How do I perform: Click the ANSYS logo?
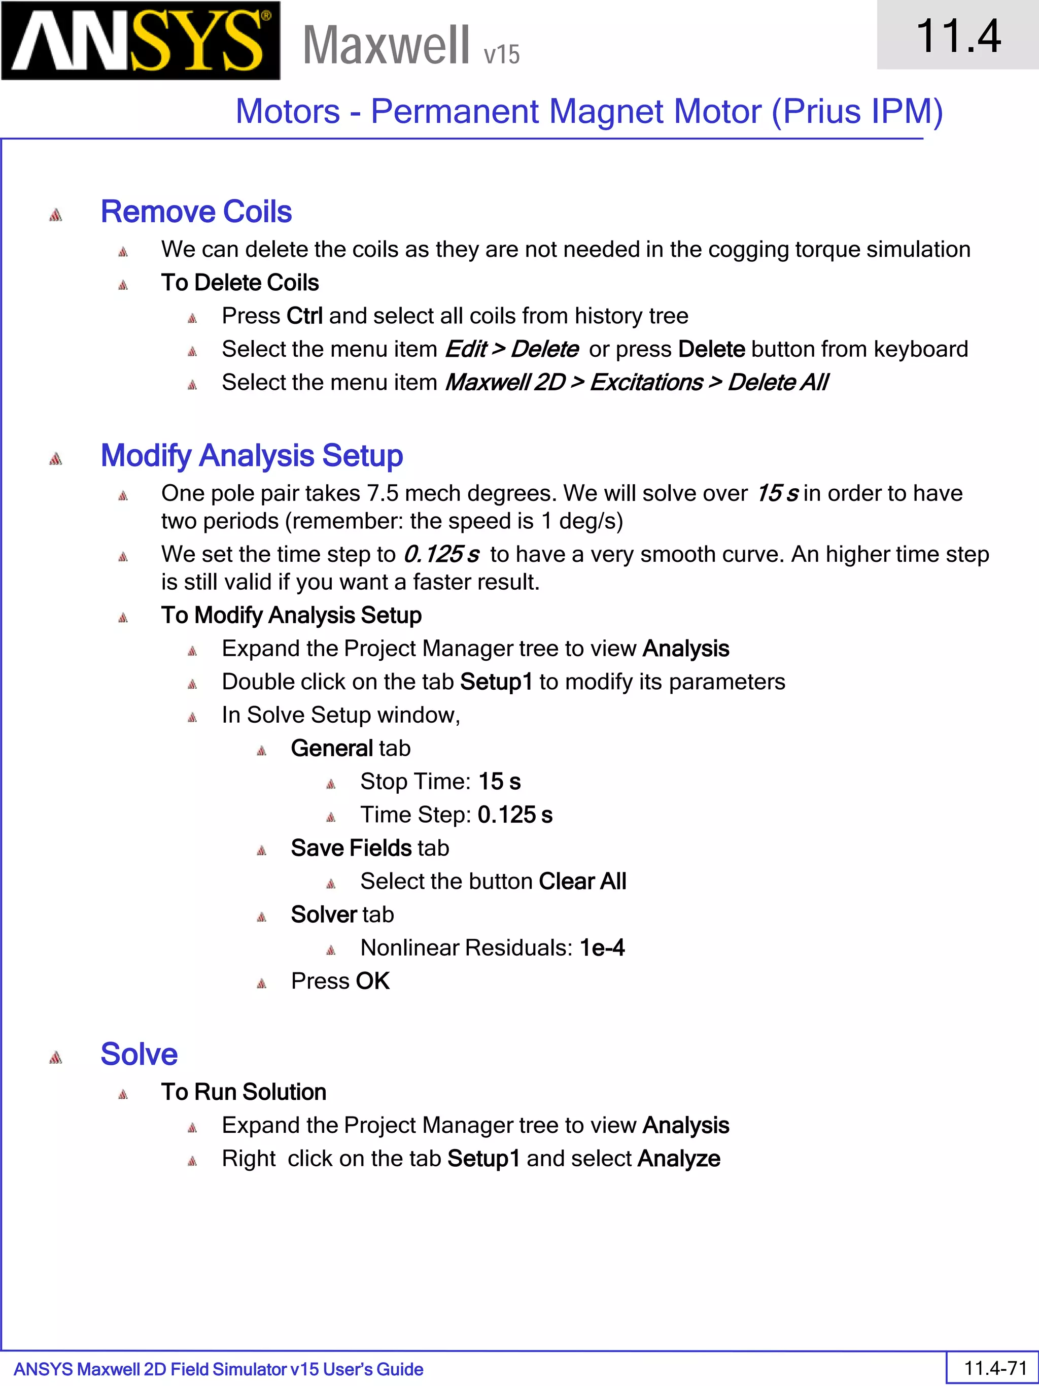141,41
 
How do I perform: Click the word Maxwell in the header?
386,45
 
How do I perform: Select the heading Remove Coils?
196,212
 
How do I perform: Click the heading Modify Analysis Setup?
251,456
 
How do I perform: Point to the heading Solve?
139,1055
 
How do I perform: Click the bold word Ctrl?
304,316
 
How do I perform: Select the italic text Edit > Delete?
511,349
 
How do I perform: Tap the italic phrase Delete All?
777,382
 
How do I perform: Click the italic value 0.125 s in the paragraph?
441,555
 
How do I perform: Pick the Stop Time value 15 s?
499,782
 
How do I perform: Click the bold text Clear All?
582,882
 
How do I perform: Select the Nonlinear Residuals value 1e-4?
602,948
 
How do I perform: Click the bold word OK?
373,981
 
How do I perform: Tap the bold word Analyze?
679,1159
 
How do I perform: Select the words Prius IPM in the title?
857,112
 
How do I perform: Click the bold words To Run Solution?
244,1092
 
